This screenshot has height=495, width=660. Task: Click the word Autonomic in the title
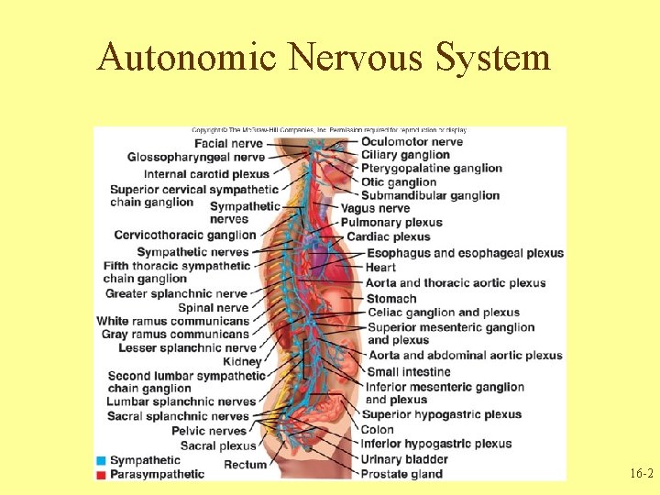tap(187, 57)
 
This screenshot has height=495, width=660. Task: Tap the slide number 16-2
tap(642, 474)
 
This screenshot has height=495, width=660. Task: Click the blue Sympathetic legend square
tap(101, 460)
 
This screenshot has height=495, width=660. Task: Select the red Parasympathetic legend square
tap(101, 474)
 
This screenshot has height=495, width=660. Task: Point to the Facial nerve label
tap(228, 143)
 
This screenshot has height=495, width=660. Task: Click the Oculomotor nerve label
tap(412, 141)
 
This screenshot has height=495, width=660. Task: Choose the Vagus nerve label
tap(375, 208)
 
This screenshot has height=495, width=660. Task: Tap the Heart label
tap(380, 268)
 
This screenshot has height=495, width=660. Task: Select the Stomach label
tap(391, 298)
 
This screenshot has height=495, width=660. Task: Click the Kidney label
tap(242, 362)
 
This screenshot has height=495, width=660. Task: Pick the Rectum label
tap(245, 465)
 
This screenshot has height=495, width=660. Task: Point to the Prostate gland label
tap(401, 474)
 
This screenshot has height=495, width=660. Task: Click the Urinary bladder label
tap(404, 459)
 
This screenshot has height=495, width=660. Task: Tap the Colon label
tap(378, 429)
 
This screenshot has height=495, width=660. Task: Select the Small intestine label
tap(409, 371)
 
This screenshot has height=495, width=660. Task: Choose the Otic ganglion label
tap(399, 181)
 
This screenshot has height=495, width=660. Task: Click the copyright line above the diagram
tap(329, 130)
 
